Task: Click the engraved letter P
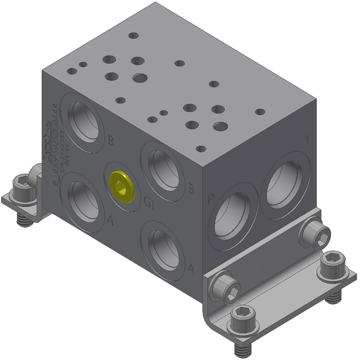pyautogui.click(x=210, y=200)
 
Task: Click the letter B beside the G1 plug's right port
pyautogui.click(x=191, y=189)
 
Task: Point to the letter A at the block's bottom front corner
pyautogui.click(x=191, y=268)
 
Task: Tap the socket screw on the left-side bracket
pyautogui.click(x=20, y=184)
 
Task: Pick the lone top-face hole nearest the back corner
pyautogui.click(x=133, y=36)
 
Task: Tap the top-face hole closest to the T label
pyautogui.click(x=260, y=111)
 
